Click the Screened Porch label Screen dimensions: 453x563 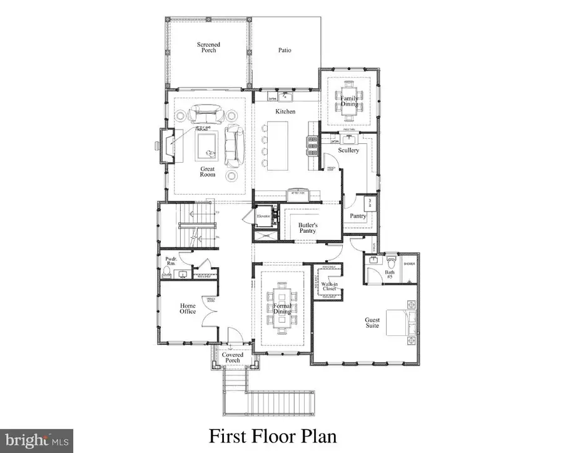[x=208, y=47]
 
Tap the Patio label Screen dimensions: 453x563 [x=285, y=51]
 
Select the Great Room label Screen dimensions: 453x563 [x=208, y=171]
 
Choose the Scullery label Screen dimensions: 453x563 [x=348, y=150]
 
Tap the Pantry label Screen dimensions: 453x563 [x=357, y=216]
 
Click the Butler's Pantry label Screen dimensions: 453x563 [x=307, y=228]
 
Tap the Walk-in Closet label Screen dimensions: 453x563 [x=330, y=287]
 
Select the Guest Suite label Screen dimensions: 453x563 [x=373, y=323]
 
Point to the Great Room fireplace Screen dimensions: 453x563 [x=166, y=146]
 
